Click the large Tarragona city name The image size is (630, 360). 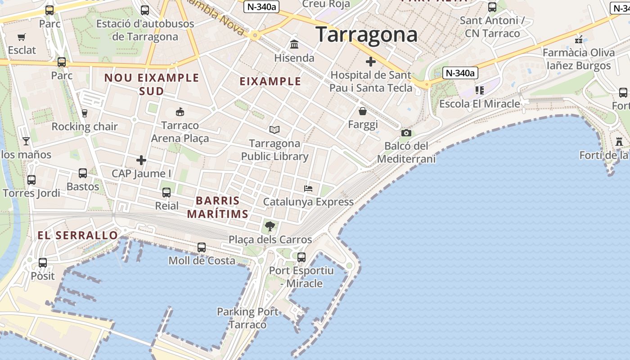(x=366, y=35)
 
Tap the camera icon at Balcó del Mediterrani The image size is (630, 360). (x=406, y=133)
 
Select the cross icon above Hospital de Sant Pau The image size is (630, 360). (x=370, y=62)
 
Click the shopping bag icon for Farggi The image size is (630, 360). (x=363, y=111)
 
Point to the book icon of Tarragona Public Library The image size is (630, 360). (x=274, y=130)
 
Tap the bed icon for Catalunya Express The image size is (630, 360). (x=308, y=188)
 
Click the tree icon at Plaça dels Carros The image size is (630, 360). (x=270, y=226)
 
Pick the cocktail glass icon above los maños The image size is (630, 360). (x=26, y=141)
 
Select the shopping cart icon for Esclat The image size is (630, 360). (x=22, y=37)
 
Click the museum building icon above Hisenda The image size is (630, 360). (x=294, y=45)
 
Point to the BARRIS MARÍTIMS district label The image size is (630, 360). (x=218, y=207)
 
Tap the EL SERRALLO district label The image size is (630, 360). (x=77, y=235)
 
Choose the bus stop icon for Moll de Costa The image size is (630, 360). (x=202, y=247)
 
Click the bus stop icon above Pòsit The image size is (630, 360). (x=43, y=263)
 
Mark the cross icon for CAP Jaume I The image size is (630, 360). (x=141, y=160)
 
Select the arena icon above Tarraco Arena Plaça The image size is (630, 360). (x=180, y=112)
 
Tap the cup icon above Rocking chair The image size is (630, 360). (x=84, y=113)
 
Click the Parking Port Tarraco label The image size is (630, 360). (x=248, y=318)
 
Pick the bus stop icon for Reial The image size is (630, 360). (x=166, y=193)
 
